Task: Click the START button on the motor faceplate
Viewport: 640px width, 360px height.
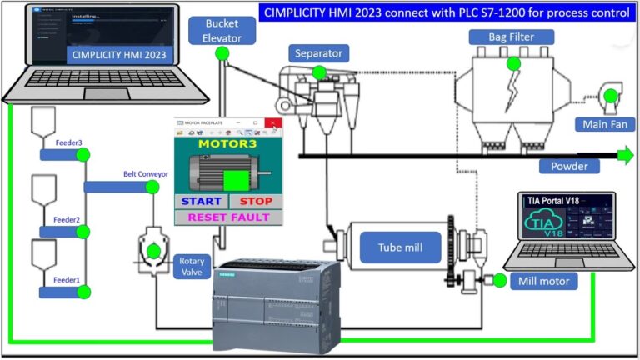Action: (x=201, y=202)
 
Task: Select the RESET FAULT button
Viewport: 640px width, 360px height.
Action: (x=228, y=217)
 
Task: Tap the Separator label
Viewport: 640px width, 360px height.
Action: (x=317, y=54)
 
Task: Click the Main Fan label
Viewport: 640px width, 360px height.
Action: (x=606, y=125)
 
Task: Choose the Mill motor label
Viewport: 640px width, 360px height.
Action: (x=542, y=281)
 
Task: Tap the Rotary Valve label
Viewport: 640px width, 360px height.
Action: (x=192, y=267)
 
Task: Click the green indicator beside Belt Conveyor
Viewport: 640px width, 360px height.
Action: (x=152, y=187)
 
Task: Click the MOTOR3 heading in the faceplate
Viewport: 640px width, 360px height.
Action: (x=227, y=143)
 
